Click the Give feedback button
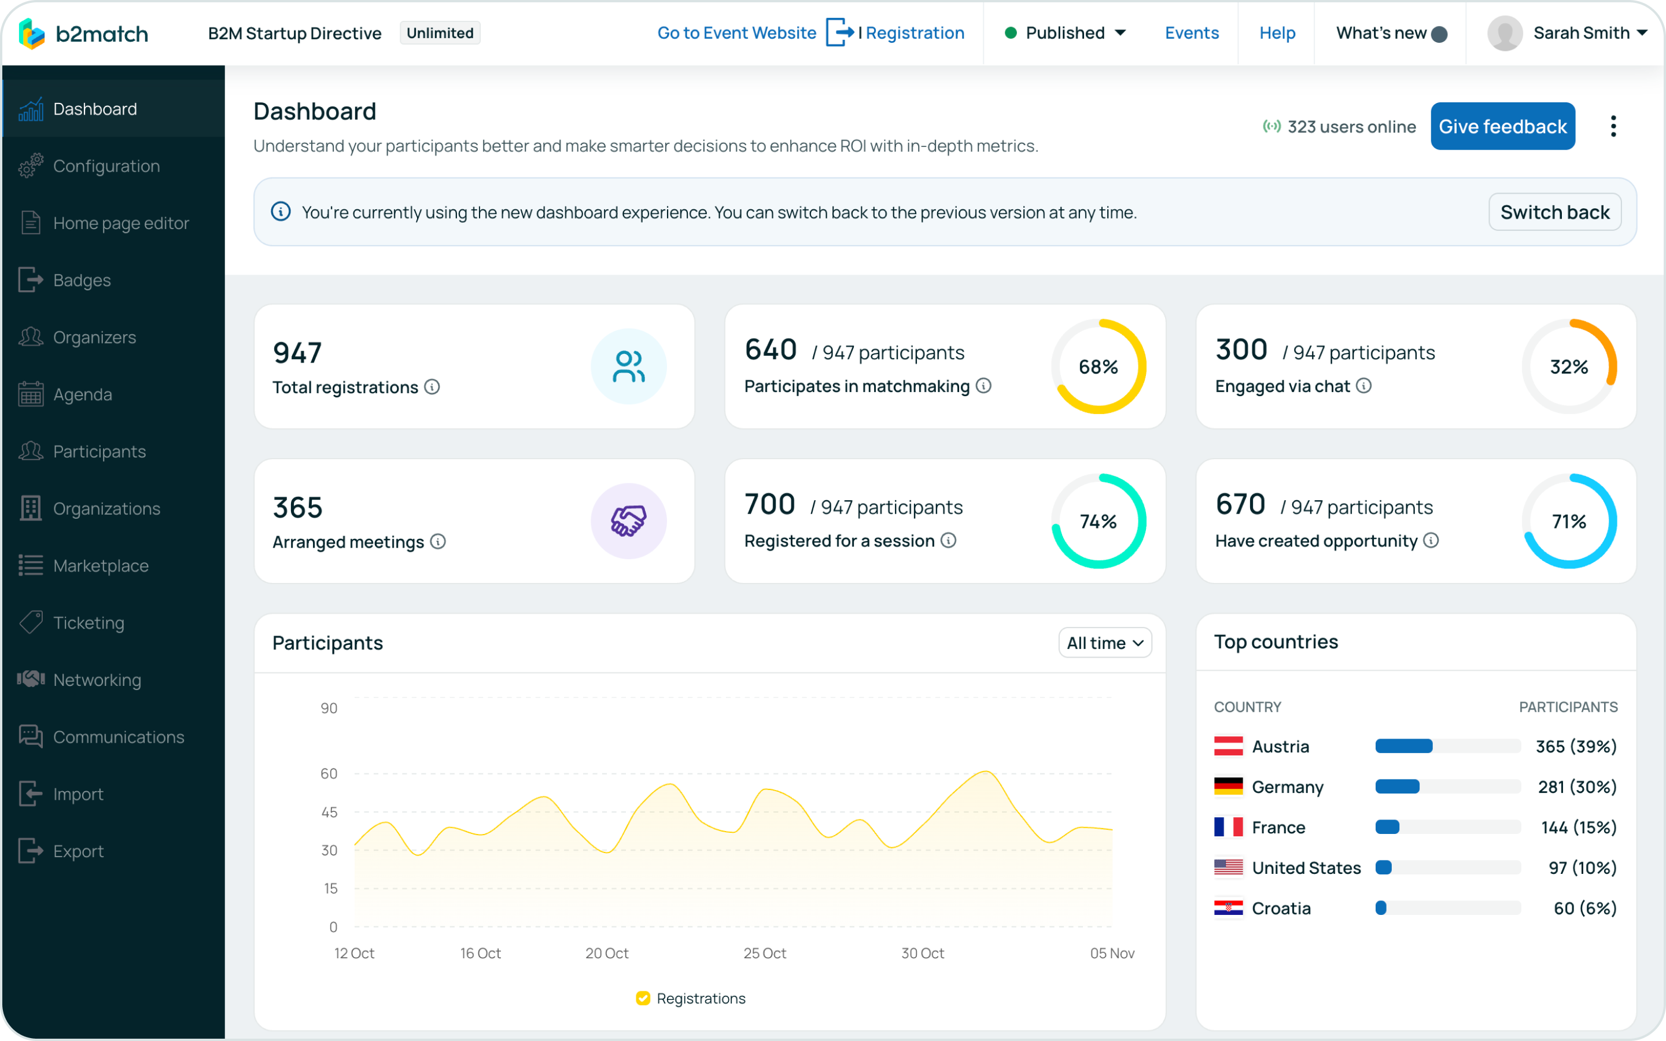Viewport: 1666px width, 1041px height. pyautogui.click(x=1502, y=126)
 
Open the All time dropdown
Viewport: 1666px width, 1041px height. pyautogui.click(x=1104, y=643)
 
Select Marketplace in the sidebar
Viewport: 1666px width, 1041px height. pyautogui.click(x=101, y=566)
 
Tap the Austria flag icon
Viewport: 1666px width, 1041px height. pyautogui.click(x=1228, y=746)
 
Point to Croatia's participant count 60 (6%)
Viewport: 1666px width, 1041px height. pyautogui.click(x=1585, y=908)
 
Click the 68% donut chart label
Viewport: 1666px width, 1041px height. pyautogui.click(x=1098, y=367)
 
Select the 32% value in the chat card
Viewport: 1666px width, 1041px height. pyautogui.click(x=1568, y=367)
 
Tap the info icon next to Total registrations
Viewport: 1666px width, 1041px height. pyautogui.click(x=432, y=387)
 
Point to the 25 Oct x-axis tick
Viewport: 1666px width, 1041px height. pyautogui.click(x=764, y=953)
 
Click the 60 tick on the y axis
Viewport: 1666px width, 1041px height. pyautogui.click(x=329, y=774)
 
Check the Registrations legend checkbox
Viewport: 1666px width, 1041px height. pyautogui.click(x=643, y=998)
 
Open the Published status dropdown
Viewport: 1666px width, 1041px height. pyautogui.click(x=1066, y=33)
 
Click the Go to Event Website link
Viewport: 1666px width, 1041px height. pyautogui.click(x=736, y=33)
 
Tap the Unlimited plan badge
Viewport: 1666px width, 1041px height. pyautogui.click(x=440, y=33)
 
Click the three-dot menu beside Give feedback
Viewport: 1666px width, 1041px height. pyautogui.click(x=1613, y=126)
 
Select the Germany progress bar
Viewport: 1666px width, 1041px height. pyautogui.click(x=1447, y=787)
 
